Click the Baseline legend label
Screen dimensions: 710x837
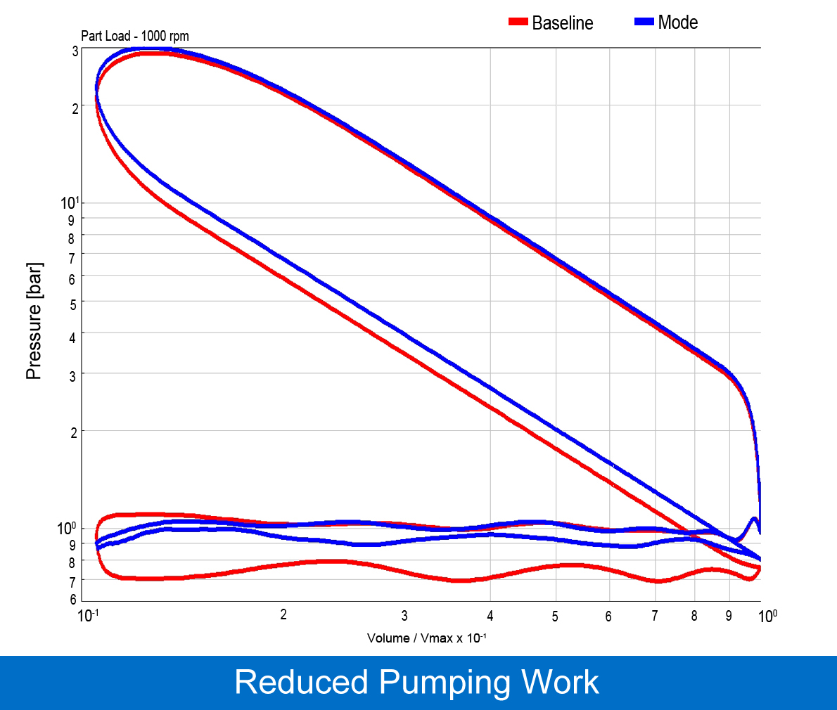tap(562, 23)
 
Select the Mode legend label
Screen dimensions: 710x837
tap(677, 22)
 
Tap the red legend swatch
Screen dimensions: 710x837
tap(518, 22)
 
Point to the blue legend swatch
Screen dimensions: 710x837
tap(644, 22)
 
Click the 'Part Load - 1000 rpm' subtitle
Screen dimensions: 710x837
tap(135, 36)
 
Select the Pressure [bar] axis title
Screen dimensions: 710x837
tap(34, 321)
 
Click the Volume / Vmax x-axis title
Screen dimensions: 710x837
tap(427, 638)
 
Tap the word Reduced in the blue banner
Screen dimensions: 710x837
tap(301, 683)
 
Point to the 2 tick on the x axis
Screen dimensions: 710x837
tap(283, 615)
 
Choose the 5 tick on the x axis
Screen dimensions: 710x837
tap(555, 617)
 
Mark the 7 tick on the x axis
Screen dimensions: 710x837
tap(655, 617)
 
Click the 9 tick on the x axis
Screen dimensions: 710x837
tap(729, 617)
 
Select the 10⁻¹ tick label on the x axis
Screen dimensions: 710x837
tap(88, 617)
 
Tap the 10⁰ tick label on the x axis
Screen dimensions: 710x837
tap(767, 617)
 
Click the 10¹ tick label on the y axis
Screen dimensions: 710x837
tap(70, 203)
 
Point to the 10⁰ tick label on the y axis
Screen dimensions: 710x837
tap(67, 528)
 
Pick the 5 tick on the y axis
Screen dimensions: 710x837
tap(73, 304)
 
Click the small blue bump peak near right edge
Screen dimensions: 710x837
tap(754, 519)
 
